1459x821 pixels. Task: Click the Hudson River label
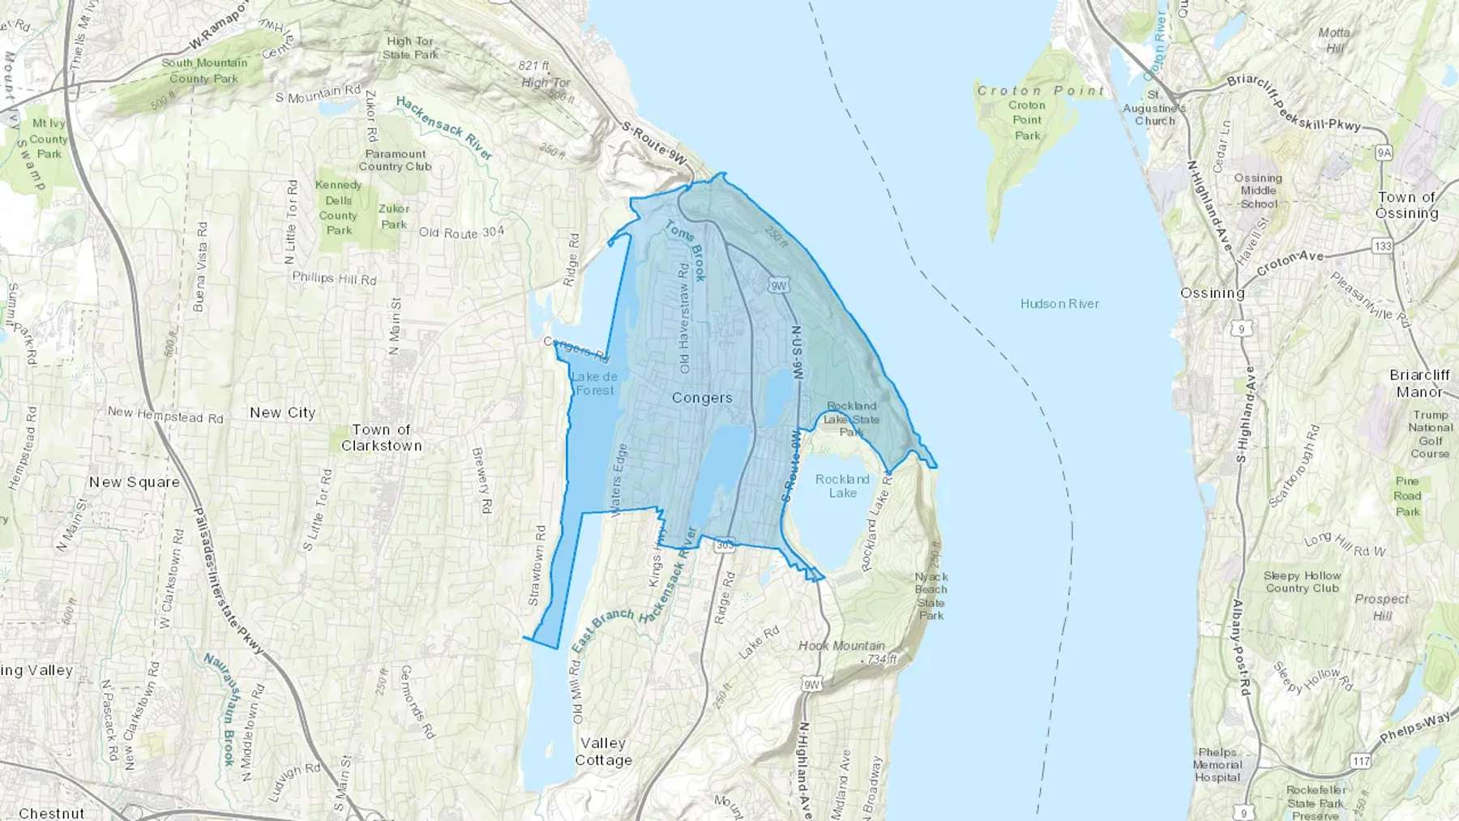[x=1059, y=304]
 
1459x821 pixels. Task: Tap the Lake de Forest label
[x=595, y=383]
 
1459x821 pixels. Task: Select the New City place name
[x=282, y=413]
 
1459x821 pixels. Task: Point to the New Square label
[x=134, y=482]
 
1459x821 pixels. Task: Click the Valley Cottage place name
[x=603, y=751]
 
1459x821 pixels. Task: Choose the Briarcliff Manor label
[x=1419, y=383]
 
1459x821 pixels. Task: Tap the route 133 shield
[x=1382, y=246]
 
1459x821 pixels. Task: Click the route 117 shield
[x=1360, y=761]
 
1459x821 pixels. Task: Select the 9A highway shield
[x=1383, y=152]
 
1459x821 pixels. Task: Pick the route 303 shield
[x=725, y=545]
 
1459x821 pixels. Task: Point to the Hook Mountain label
[x=841, y=646]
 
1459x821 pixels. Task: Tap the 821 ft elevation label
[x=534, y=66]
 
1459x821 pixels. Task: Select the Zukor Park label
[x=394, y=216]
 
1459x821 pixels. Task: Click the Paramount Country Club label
[x=396, y=160]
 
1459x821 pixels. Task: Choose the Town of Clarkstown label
[x=381, y=438]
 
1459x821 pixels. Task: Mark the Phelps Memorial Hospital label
[x=1217, y=764]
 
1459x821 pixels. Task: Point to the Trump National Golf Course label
[x=1430, y=434]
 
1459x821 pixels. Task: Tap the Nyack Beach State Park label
[x=931, y=596]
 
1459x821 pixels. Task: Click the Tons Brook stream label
[x=686, y=251]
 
